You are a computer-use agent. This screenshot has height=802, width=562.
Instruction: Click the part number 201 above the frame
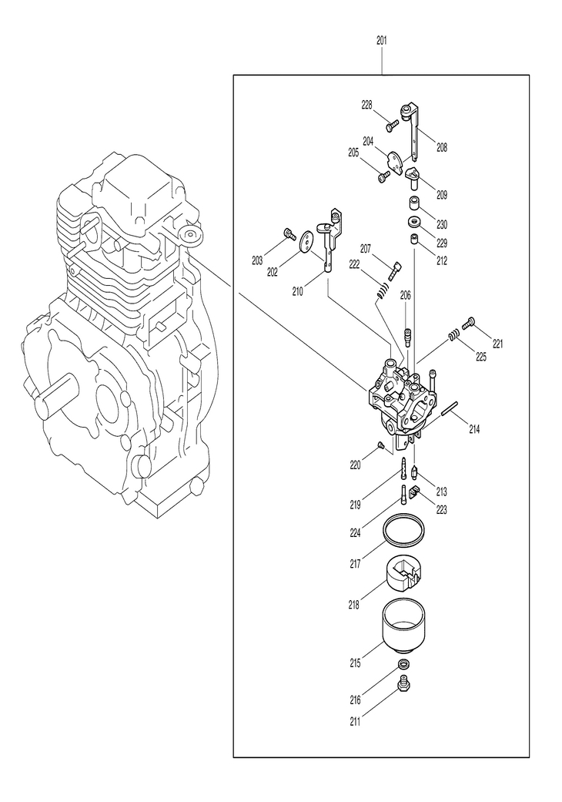click(382, 39)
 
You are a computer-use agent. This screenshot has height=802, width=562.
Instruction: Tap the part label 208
click(441, 146)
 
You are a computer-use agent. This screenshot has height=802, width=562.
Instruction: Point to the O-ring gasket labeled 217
click(405, 529)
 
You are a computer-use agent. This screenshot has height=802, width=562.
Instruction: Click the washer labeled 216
click(403, 664)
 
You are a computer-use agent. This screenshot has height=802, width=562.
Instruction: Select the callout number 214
click(473, 428)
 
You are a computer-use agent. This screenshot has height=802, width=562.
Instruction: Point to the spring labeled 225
click(455, 336)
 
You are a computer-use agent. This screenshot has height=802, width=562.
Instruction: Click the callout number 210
click(297, 291)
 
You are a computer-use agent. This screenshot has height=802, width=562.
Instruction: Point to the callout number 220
click(355, 465)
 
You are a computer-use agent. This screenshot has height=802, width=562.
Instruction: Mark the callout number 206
click(406, 295)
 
